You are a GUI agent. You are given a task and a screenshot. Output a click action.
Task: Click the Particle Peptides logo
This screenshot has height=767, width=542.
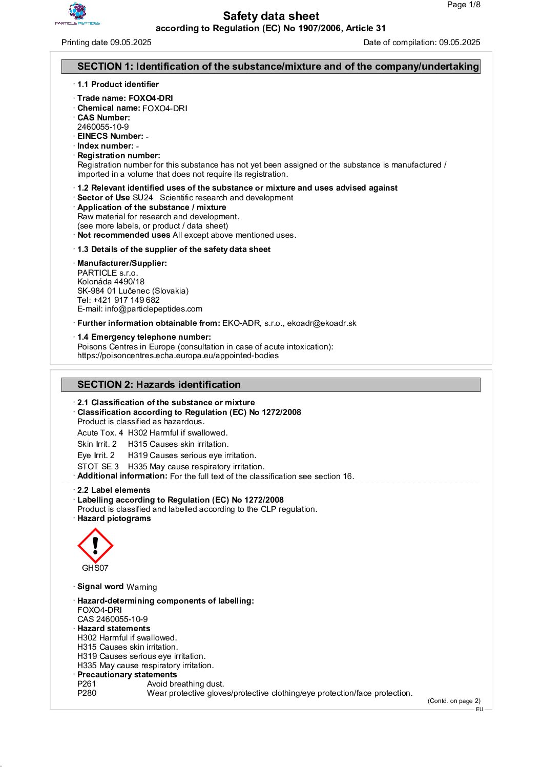(77, 14)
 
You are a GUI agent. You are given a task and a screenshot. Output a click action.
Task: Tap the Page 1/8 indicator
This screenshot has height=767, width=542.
(463, 5)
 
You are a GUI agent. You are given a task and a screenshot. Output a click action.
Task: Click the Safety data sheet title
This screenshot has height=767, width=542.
(271, 16)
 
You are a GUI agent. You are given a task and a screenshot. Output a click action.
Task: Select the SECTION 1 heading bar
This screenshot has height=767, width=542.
(271, 67)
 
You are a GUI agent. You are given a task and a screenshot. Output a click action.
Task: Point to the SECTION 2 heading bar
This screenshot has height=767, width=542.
(271, 385)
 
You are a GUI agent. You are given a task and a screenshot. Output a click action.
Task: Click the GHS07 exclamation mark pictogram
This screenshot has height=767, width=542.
(95, 546)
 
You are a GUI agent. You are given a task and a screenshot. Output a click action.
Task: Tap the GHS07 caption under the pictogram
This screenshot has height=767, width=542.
(95, 568)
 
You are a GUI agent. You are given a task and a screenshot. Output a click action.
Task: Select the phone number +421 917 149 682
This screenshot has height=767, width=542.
(127, 300)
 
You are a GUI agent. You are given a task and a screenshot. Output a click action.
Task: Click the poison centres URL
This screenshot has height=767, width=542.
(178, 356)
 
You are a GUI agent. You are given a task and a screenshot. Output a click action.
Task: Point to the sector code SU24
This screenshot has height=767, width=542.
(142, 198)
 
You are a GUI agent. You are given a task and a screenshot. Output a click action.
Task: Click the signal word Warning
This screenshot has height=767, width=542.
(142, 587)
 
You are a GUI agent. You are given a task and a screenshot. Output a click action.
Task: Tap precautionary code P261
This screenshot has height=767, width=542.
(87, 684)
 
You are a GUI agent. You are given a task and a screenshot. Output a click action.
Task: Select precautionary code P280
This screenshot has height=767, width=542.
(87, 693)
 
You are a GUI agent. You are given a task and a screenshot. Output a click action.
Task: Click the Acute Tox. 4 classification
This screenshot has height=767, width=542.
(100, 433)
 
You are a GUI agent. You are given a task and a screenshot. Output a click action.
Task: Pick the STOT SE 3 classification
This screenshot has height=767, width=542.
(98, 467)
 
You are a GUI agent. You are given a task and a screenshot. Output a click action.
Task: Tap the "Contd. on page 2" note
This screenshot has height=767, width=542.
(454, 701)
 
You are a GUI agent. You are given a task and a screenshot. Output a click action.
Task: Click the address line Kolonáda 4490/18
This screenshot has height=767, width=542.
(111, 282)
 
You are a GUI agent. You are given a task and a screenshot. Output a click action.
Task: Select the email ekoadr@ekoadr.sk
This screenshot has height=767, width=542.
(322, 323)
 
